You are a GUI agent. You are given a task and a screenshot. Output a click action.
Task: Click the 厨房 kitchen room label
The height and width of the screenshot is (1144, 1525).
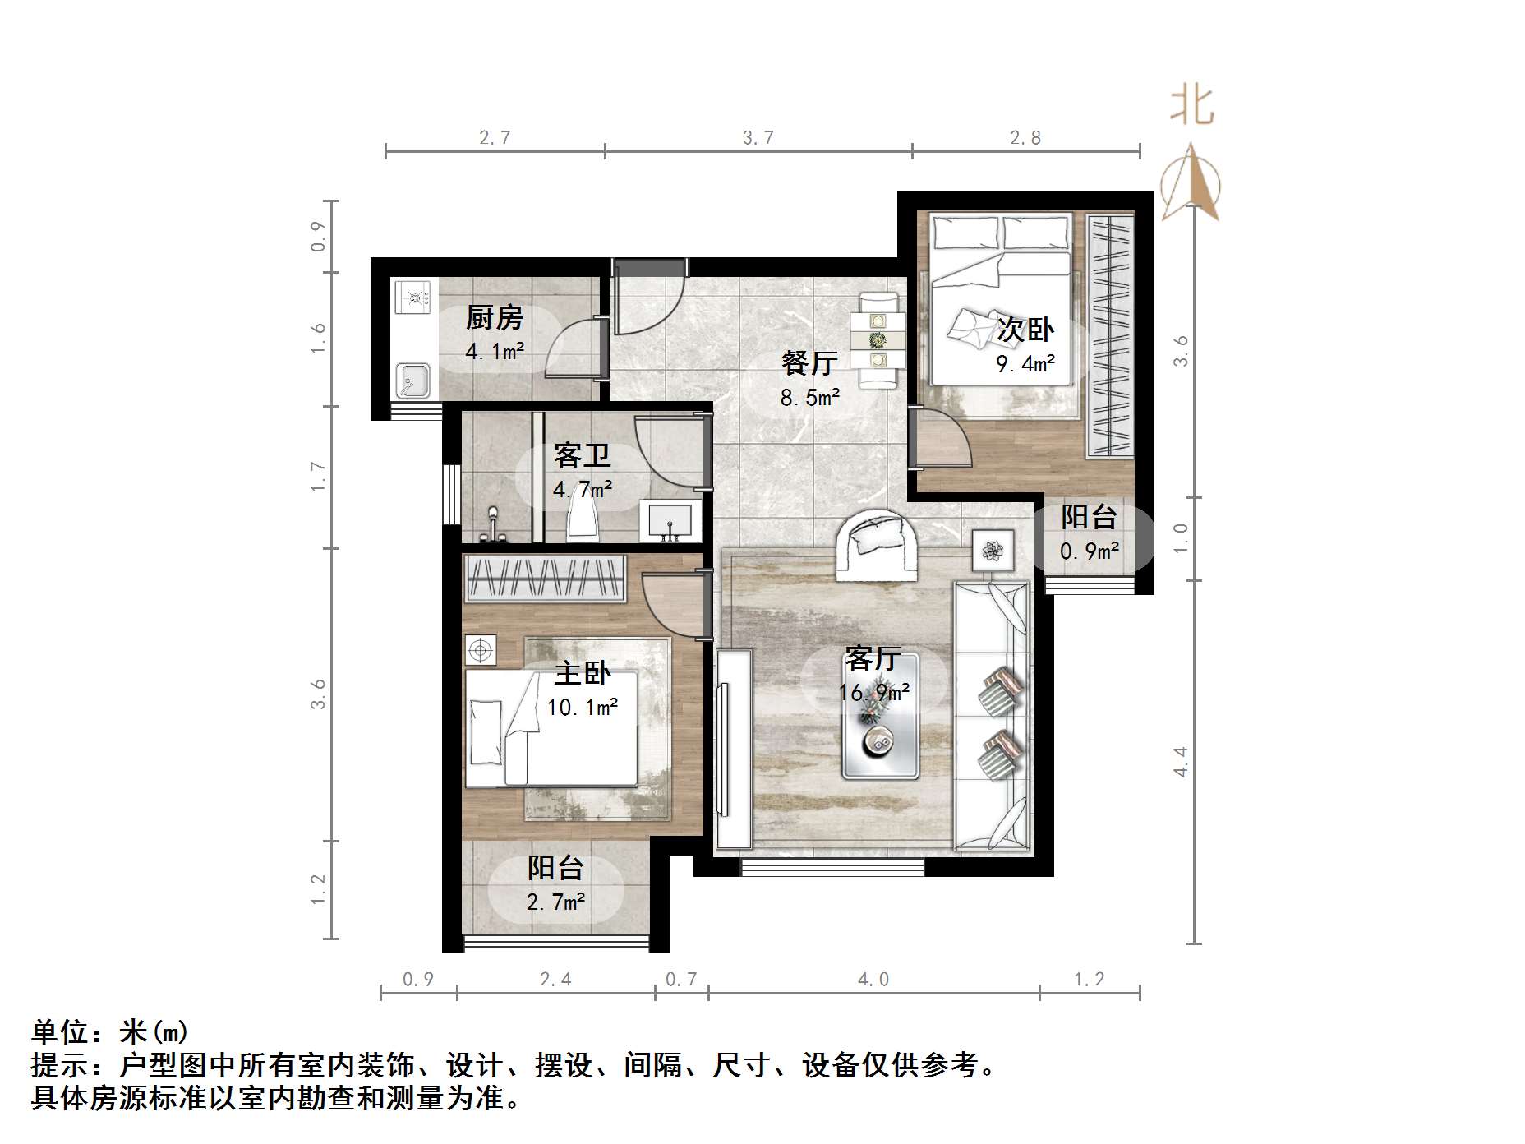click(494, 317)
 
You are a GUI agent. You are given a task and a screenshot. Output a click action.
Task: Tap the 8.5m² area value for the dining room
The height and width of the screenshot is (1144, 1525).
click(809, 398)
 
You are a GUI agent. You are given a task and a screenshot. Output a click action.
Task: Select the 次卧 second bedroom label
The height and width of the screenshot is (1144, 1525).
click(1025, 330)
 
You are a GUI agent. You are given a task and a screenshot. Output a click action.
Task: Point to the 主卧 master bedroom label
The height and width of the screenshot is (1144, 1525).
click(582, 673)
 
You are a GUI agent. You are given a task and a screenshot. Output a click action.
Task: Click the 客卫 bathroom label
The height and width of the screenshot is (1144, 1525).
click(582, 455)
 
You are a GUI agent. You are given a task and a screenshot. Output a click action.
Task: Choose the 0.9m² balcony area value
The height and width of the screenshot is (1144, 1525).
click(1089, 551)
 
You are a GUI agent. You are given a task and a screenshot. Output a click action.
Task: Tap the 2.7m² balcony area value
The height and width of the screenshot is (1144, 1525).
click(555, 902)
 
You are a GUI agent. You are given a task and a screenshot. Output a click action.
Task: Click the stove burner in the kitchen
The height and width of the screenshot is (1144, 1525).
click(412, 297)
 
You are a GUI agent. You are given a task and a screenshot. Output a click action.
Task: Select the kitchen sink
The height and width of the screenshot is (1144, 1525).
click(412, 380)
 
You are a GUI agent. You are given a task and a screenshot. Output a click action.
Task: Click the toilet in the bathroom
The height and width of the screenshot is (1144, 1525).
click(582, 523)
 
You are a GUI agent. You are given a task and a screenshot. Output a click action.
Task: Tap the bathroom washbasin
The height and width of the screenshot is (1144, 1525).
click(670, 520)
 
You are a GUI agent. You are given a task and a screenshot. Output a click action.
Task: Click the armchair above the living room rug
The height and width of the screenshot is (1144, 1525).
click(876, 545)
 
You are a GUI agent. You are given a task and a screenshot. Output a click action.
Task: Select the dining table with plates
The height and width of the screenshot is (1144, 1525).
click(878, 339)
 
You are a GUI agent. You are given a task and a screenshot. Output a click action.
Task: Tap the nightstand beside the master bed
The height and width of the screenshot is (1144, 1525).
click(480, 651)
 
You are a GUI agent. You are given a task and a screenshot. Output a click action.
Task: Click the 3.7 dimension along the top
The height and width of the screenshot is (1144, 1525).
click(758, 138)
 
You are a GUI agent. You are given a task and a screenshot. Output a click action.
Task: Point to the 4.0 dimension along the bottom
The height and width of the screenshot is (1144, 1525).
click(873, 979)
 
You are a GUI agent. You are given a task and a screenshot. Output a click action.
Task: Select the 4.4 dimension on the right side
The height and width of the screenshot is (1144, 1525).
click(1181, 761)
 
